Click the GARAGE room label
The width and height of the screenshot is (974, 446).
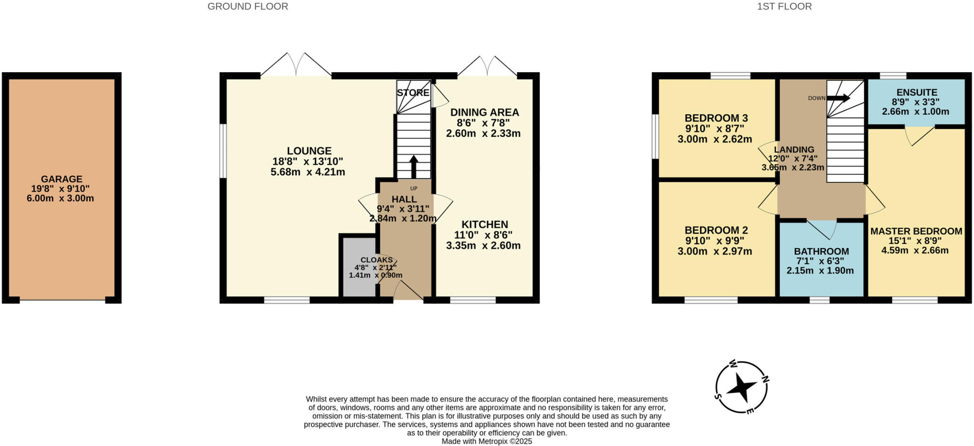61,179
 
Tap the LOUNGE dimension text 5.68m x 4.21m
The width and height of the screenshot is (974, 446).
308,172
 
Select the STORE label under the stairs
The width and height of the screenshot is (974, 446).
413,93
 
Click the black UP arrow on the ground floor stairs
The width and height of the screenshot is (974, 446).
413,166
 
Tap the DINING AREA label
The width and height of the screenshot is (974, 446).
484,113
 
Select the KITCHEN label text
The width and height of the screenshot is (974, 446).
484,225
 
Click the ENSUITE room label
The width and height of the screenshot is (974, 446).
916,93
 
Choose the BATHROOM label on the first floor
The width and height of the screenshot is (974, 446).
821,251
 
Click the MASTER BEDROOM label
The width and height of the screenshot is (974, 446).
916,231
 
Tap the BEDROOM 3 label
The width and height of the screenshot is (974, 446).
716,118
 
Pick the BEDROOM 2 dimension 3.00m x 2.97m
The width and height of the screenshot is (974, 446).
714,251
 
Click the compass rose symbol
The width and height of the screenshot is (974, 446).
741,387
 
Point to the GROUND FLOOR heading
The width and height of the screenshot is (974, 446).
247,7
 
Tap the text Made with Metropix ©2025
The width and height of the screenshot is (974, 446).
487,441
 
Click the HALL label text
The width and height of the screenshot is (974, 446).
404,199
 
